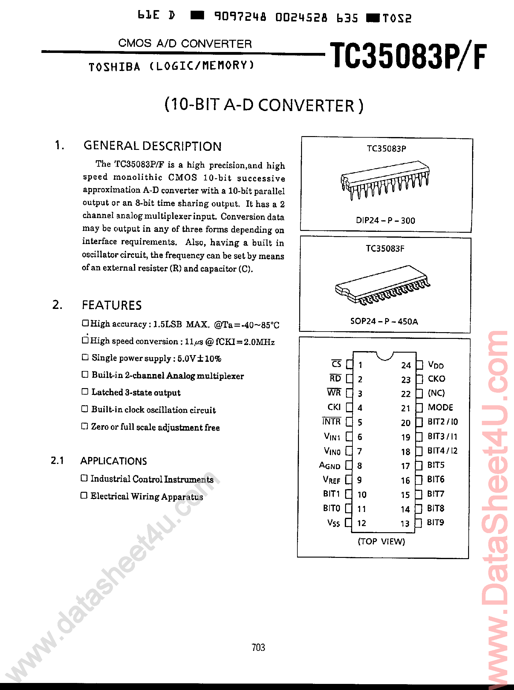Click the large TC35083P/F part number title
coord(408,56)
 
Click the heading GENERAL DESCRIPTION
coord(152,146)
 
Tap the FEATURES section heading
coord(111,305)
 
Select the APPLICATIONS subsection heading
coord(113,461)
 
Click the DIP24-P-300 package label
coord(385,221)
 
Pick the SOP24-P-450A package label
coord(384,321)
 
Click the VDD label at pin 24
coord(436,365)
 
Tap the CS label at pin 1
coord(336,364)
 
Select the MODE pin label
coord(440,407)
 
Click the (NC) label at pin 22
coord(436,393)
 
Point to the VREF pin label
coord(331,480)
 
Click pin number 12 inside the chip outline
coord(361,523)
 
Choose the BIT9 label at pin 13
coord(435,522)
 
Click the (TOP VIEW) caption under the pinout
coord(381,541)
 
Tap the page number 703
coord(258,647)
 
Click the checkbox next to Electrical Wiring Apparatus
coord(84,495)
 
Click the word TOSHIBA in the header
coord(114,67)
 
